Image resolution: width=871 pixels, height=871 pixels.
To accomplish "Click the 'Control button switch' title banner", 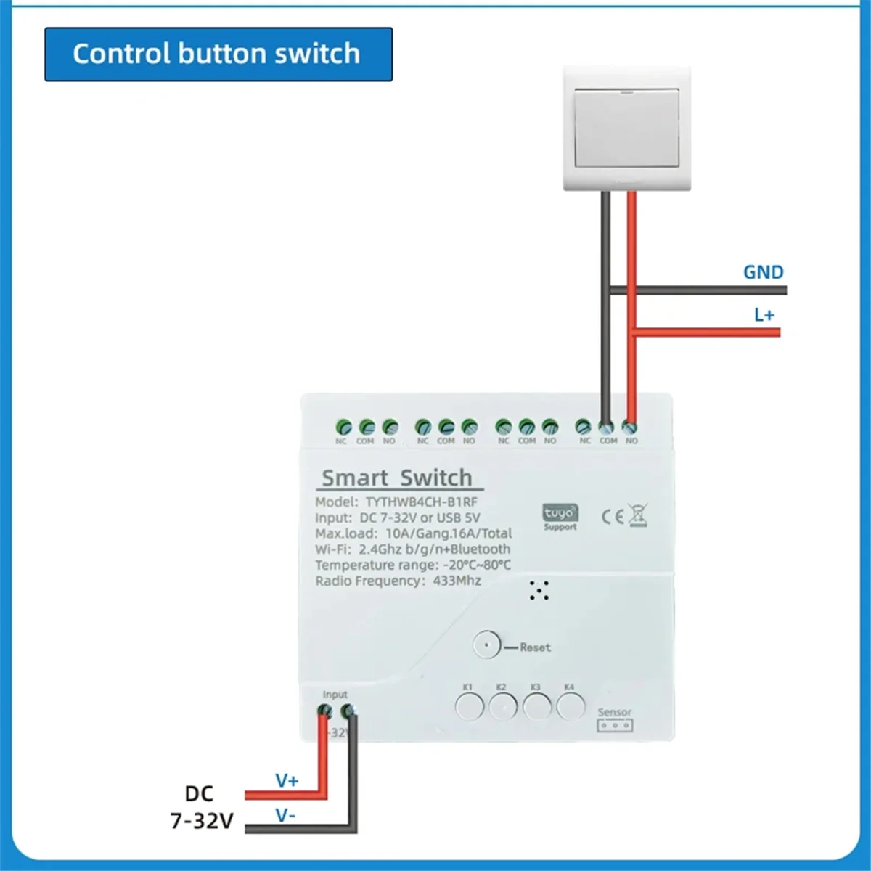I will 218,54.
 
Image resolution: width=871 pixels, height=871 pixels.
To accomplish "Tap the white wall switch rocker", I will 626,128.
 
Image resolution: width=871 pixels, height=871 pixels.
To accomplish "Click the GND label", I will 763,272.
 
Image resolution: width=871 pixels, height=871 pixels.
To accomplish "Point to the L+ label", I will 764,314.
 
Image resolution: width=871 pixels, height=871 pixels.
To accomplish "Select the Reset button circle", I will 486,645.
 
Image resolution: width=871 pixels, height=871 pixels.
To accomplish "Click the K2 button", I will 503,706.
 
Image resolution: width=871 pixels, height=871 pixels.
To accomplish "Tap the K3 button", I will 537,706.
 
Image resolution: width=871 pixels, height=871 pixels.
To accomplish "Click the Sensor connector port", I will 615,724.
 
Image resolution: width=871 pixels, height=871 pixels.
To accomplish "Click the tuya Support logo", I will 560,517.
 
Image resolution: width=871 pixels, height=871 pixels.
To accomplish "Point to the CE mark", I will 612,516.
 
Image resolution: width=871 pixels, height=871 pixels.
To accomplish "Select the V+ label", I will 287,781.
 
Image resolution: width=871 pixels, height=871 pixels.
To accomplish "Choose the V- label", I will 285,816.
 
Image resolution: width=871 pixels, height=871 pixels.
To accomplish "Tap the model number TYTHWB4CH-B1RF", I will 421,502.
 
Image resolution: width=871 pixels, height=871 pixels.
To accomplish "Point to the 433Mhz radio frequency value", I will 457,581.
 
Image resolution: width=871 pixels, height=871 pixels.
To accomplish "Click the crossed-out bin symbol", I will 637,515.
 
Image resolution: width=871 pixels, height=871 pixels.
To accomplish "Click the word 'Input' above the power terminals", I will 335,695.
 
